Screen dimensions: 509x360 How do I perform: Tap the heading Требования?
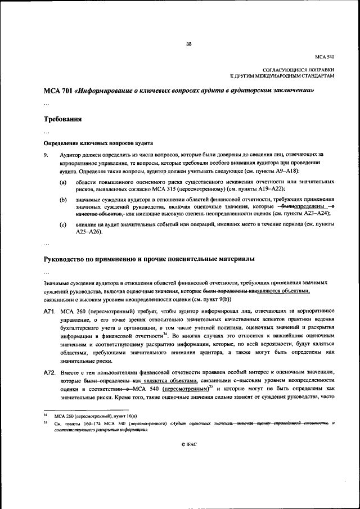click(x=63, y=119)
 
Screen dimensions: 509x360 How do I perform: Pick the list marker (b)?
click(x=64, y=199)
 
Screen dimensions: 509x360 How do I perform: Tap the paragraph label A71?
click(x=49, y=310)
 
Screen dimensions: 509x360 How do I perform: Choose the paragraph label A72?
click(x=49, y=372)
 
